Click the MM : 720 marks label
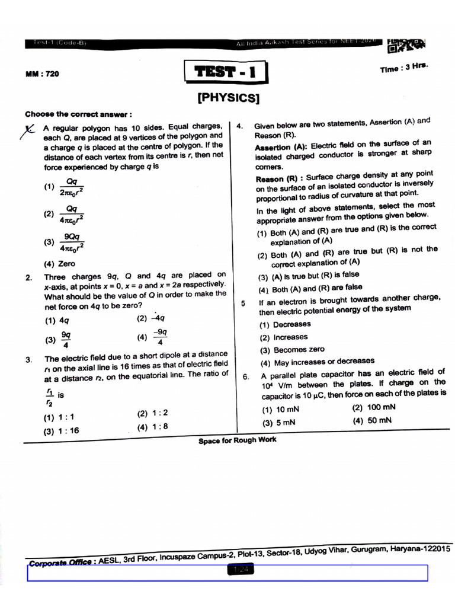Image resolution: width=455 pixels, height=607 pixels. [42, 74]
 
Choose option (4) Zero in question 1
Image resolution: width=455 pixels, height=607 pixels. [60, 264]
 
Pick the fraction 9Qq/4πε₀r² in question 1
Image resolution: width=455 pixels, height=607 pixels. [71, 242]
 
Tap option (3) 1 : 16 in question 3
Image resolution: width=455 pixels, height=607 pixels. [61, 431]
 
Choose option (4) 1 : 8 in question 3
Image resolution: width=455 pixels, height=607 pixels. [152, 427]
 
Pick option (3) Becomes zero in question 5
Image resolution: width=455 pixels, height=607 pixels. [291, 350]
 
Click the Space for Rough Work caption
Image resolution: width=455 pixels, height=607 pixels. [237, 440]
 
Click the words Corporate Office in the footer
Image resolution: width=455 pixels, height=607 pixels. [59, 561]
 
